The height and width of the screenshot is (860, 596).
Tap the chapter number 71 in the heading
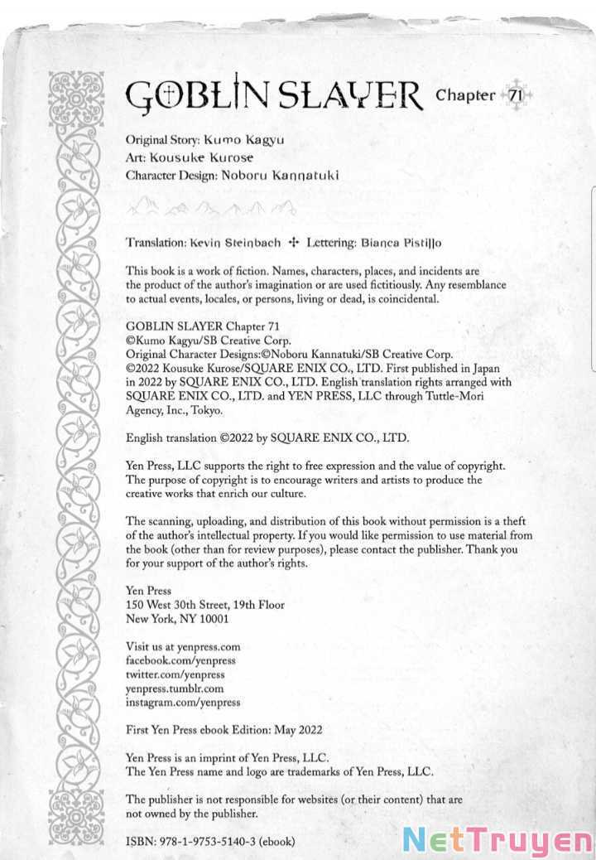[514, 95]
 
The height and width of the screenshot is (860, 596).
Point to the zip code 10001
[210, 618]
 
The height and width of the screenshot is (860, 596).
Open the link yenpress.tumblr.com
[175, 688]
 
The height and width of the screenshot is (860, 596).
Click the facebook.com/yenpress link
[180, 660]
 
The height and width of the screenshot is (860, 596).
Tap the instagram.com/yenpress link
[183, 702]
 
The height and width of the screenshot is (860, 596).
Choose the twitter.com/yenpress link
[175, 674]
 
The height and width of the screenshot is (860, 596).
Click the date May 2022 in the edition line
[296, 730]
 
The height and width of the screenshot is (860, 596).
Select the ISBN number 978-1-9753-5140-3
[206, 841]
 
